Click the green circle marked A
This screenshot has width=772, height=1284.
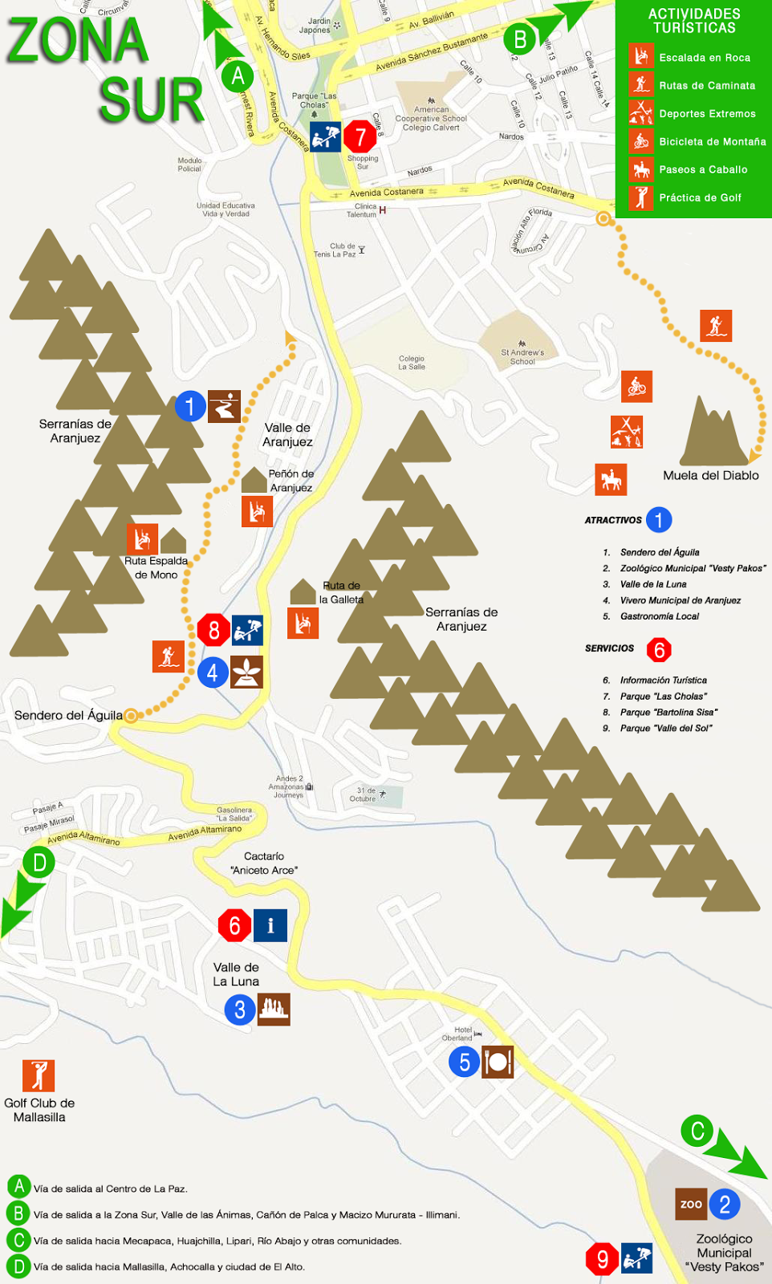pos(238,76)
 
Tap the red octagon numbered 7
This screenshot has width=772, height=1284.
pos(360,137)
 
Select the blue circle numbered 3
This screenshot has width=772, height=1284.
pos(240,1010)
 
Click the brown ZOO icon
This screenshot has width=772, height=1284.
pos(691,1204)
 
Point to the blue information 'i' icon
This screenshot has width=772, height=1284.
pos(270,925)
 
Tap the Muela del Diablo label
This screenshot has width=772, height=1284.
pos(710,475)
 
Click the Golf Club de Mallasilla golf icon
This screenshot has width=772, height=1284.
pos(39,1075)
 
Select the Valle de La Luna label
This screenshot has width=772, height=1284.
pos(236,974)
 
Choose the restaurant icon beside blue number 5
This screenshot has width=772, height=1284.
pos(498,1062)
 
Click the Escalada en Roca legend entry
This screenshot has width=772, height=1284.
pos(704,58)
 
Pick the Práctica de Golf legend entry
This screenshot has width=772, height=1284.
pos(699,197)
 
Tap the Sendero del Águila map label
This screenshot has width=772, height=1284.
pos(68,715)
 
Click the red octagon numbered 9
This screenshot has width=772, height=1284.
pos(602,1258)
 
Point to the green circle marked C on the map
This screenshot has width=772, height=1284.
pos(697,1131)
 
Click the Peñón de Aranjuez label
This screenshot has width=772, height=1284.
pos(291,481)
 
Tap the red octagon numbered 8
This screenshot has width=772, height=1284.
pos(213,630)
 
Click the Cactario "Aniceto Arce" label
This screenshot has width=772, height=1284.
pos(264,863)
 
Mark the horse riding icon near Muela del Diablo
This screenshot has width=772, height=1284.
pos(611,480)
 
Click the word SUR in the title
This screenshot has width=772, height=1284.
pos(152,100)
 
